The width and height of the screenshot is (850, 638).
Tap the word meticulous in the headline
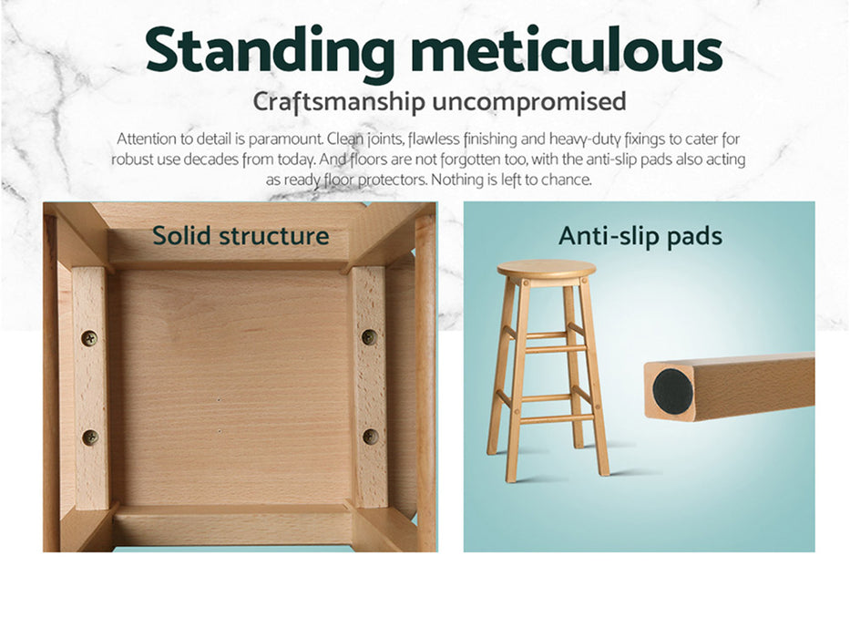[x=566, y=49]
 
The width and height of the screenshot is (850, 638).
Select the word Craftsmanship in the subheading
[x=338, y=102]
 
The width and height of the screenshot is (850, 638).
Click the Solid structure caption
[x=241, y=235]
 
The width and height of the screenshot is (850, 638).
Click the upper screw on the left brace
[x=89, y=338]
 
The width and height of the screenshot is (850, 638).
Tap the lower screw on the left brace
[x=90, y=437]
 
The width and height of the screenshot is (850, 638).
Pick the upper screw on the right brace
[x=369, y=337]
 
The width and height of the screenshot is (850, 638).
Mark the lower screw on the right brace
[x=370, y=436]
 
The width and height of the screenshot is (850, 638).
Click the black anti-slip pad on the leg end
[x=672, y=391]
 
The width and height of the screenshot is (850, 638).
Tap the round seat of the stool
[x=547, y=270]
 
